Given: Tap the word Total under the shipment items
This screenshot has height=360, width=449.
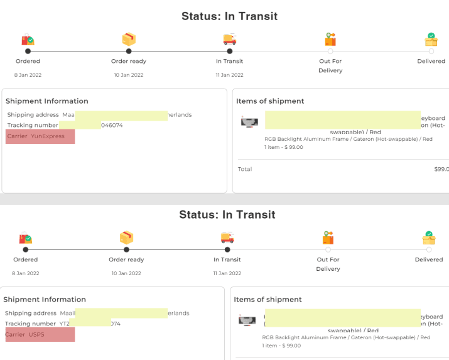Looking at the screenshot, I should point(245,169).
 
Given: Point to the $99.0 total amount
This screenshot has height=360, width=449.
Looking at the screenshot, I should point(441,169).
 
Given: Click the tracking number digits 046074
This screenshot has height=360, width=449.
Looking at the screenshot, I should point(112,126).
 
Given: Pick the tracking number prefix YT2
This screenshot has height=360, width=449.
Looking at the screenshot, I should point(65,324).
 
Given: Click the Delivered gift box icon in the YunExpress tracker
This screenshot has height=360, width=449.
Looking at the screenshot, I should point(431,40).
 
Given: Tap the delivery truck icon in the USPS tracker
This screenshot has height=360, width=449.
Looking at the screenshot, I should point(227,238).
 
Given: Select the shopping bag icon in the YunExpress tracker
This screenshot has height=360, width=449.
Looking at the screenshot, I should point(28,40).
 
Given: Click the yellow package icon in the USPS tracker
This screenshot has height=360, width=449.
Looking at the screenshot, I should point(126,238).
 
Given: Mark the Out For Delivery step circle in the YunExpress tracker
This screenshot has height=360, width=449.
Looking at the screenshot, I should point(330,52).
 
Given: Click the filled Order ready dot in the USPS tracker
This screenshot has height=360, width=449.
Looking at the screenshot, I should point(126,250).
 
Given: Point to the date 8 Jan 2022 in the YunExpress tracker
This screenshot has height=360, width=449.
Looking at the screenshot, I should point(28,75).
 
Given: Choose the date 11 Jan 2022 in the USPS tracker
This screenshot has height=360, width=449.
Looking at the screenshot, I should point(227,273).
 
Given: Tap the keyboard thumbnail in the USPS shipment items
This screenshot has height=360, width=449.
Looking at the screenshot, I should point(247,320).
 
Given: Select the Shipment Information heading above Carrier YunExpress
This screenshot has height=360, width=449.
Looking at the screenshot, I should point(47,101).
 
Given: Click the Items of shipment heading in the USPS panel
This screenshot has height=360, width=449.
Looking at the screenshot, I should point(268,300).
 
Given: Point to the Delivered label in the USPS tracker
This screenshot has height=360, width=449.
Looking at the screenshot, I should point(429,259).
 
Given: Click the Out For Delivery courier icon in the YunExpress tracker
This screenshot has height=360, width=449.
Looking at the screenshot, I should point(330,40).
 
